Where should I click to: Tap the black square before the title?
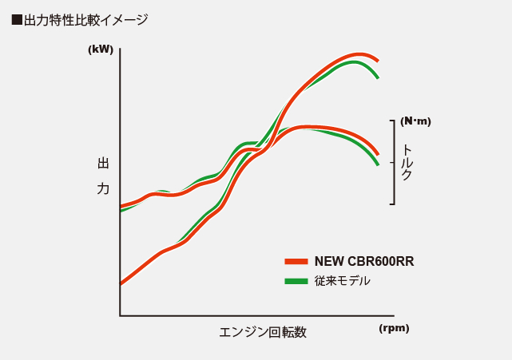(17, 20)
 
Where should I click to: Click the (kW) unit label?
(101, 49)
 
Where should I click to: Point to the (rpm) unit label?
(394, 327)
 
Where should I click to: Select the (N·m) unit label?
(415, 121)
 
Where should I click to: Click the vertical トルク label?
(407, 162)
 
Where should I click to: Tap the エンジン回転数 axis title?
(263, 332)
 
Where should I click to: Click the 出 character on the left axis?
(103, 164)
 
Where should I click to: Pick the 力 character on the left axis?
(103, 188)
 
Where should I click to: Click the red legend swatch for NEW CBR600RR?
(296, 261)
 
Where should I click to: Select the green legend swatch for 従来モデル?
(296, 281)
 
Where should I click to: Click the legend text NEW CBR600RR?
(364, 261)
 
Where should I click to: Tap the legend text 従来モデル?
(342, 281)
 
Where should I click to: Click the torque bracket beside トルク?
(393, 162)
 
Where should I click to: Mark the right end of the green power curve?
(377, 77)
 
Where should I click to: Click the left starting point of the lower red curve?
(121, 283)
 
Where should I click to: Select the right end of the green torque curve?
(377, 164)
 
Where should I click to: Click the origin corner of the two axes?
(120, 315)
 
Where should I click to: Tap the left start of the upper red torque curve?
(121, 206)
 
